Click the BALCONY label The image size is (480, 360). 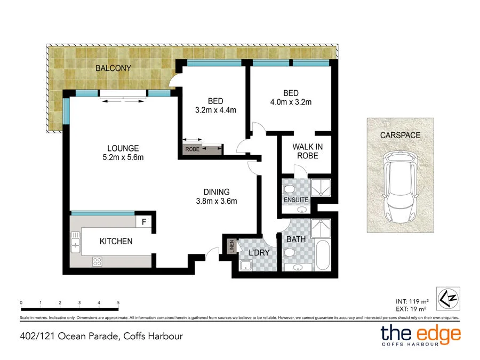[113, 68]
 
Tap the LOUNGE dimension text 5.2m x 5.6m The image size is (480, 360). [123, 157]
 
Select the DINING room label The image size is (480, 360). [216, 192]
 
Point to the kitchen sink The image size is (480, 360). [75, 245]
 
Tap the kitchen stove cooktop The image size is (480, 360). [98, 261]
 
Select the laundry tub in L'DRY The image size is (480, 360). [246, 266]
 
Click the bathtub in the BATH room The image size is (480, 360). [323, 255]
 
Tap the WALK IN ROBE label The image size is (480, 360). [308, 151]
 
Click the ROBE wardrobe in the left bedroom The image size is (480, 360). [202, 149]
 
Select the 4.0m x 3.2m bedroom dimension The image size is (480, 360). [291, 102]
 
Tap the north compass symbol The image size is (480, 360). [447, 299]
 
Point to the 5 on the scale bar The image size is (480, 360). [118, 302]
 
